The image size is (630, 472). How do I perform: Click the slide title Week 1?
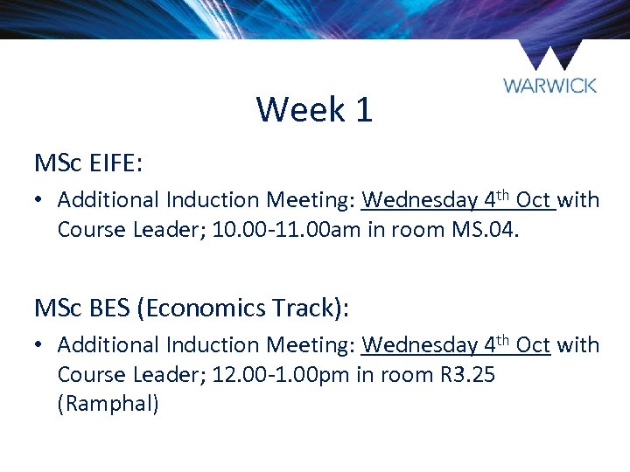tap(314, 110)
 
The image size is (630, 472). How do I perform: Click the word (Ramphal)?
tap(108, 405)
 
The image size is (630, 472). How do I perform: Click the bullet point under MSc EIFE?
tap(40, 200)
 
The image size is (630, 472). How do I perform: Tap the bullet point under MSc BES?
tap(40, 345)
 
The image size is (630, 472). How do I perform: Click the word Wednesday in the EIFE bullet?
tap(419, 200)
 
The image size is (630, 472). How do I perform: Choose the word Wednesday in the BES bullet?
tap(419, 345)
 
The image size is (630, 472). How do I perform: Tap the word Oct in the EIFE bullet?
tap(533, 200)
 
